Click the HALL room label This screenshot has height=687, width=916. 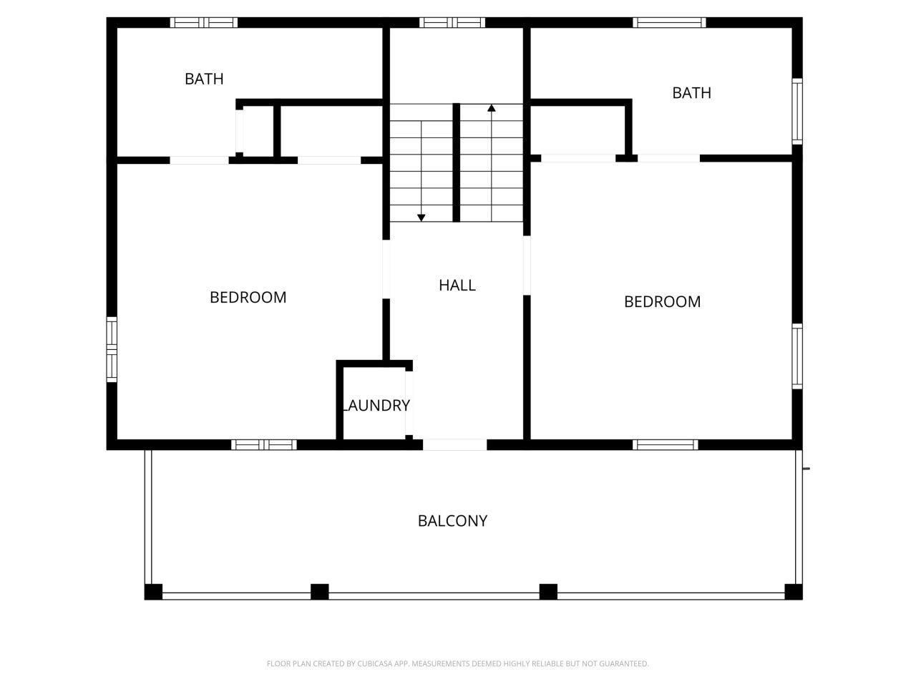pyautogui.click(x=457, y=286)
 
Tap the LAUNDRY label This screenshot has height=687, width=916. pyautogui.click(x=376, y=406)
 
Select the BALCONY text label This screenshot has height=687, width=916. pyautogui.click(x=452, y=521)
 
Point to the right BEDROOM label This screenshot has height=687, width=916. pyautogui.click(x=662, y=302)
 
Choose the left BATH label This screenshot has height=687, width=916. pyautogui.click(x=204, y=79)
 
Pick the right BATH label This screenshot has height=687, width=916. pyautogui.click(x=691, y=93)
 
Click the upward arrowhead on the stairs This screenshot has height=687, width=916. pyautogui.click(x=492, y=108)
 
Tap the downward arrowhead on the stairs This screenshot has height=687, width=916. pyautogui.click(x=422, y=217)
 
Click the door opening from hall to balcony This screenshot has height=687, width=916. pyautogui.click(x=455, y=445)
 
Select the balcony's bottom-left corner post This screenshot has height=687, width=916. pyautogui.click(x=153, y=592)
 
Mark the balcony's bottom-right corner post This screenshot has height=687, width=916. pyautogui.click(x=793, y=592)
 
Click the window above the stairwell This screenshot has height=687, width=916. pyautogui.click(x=452, y=23)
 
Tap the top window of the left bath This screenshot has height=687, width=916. pyautogui.click(x=204, y=23)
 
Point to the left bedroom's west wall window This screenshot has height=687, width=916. pyautogui.click(x=112, y=349)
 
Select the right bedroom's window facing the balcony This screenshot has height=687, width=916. pyautogui.click(x=665, y=445)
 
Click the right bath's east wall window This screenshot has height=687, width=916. pyautogui.click(x=796, y=111)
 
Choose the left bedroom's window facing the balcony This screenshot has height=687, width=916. pyautogui.click(x=264, y=445)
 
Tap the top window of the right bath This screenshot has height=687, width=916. pyautogui.click(x=669, y=23)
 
